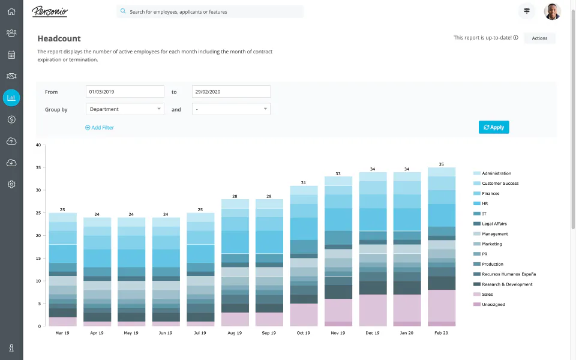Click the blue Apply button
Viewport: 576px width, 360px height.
pyautogui.click(x=494, y=127)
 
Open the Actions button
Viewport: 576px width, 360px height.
pyautogui.click(x=539, y=38)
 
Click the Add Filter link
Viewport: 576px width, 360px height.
pyautogui.click(x=100, y=128)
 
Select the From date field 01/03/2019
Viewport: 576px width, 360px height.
pyautogui.click(x=125, y=92)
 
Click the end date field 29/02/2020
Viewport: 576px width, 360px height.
pyautogui.click(x=231, y=92)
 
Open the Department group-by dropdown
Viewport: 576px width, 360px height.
pyautogui.click(x=125, y=109)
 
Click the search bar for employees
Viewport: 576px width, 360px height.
pyautogui.click(x=210, y=11)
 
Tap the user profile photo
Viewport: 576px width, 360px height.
pyautogui.click(x=552, y=11)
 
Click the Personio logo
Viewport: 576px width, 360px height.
pyautogui.click(x=50, y=11)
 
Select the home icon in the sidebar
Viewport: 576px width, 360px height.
pyautogui.click(x=11, y=11)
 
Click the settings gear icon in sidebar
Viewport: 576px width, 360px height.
pyautogui.click(x=11, y=184)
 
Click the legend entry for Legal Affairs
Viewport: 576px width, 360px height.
pyautogui.click(x=494, y=224)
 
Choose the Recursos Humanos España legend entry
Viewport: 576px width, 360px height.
pyautogui.click(x=508, y=274)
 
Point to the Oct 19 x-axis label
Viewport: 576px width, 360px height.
pyautogui.click(x=303, y=332)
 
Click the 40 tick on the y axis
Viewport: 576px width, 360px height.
pyautogui.click(x=38, y=145)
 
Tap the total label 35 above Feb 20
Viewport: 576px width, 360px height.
pyautogui.click(x=441, y=164)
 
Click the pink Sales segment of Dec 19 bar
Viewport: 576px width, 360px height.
pyautogui.click(x=372, y=310)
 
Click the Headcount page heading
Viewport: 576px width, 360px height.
pyautogui.click(x=59, y=38)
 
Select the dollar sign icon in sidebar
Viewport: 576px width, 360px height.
pyautogui.click(x=11, y=119)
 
